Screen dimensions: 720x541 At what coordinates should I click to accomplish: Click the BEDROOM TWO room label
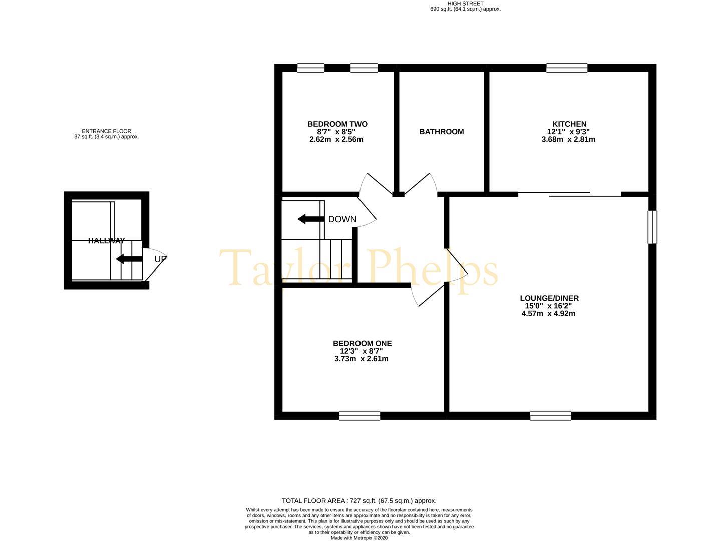coord(337,124)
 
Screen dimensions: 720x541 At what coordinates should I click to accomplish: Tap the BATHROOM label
coord(442,132)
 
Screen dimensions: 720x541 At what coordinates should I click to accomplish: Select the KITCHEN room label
coord(569,124)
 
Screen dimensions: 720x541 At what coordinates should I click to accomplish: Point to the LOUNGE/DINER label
coord(549,298)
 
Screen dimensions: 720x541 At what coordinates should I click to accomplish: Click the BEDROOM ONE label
coord(362,343)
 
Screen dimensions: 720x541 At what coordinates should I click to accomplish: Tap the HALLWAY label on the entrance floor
coord(106,241)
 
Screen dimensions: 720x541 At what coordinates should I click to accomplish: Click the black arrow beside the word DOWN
coord(311,219)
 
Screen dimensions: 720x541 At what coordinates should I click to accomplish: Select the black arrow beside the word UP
coord(129,259)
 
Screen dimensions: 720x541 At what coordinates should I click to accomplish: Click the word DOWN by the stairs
coord(342,219)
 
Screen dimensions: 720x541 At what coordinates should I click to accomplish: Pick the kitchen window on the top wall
coord(567,68)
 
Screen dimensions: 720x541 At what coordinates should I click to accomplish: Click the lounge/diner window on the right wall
coord(652,227)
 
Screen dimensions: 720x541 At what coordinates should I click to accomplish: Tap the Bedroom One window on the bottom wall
coord(359,416)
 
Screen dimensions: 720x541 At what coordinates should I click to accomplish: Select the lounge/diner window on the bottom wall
coord(551,416)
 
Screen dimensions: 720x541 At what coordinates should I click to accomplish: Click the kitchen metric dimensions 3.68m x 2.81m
coord(568,139)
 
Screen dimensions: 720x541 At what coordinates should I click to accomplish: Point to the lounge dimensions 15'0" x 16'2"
coord(548,306)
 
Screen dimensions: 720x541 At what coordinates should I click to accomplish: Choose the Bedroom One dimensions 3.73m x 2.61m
coord(361,359)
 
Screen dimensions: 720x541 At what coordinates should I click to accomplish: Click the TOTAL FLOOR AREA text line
coord(359,501)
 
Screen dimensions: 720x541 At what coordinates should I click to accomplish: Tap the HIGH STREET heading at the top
coord(465,4)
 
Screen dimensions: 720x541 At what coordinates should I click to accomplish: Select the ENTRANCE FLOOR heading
coord(106,131)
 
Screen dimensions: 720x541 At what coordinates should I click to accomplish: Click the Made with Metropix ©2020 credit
coord(359,538)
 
